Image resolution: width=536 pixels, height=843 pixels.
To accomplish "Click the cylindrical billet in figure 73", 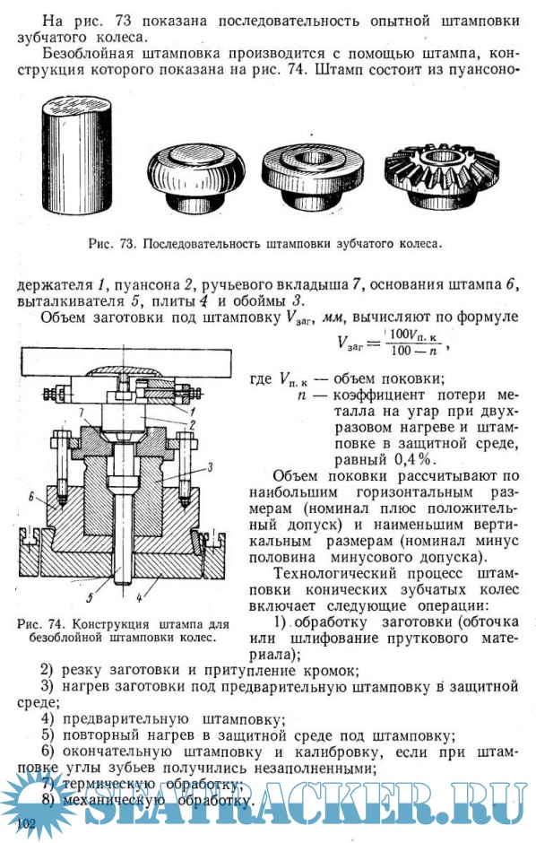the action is (x=77, y=155).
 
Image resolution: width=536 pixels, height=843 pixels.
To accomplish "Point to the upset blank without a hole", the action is (x=196, y=177).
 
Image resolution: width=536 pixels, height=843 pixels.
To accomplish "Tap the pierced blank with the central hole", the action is (x=314, y=178).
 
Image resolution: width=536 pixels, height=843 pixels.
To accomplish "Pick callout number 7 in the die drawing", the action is (x=82, y=413).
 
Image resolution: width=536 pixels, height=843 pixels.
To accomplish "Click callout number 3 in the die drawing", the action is (x=210, y=467).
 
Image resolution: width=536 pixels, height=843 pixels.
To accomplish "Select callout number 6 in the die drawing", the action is (x=31, y=497).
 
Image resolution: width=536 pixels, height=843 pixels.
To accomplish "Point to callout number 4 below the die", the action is (x=139, y=596).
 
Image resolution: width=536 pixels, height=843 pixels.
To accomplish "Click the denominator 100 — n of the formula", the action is (x=413, y=351).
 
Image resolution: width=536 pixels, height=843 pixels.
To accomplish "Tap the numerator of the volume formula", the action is (x=414, y=335).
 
